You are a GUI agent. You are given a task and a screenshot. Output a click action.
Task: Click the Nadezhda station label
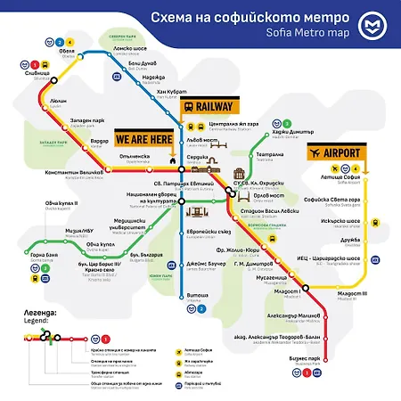(x=153, y=78)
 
